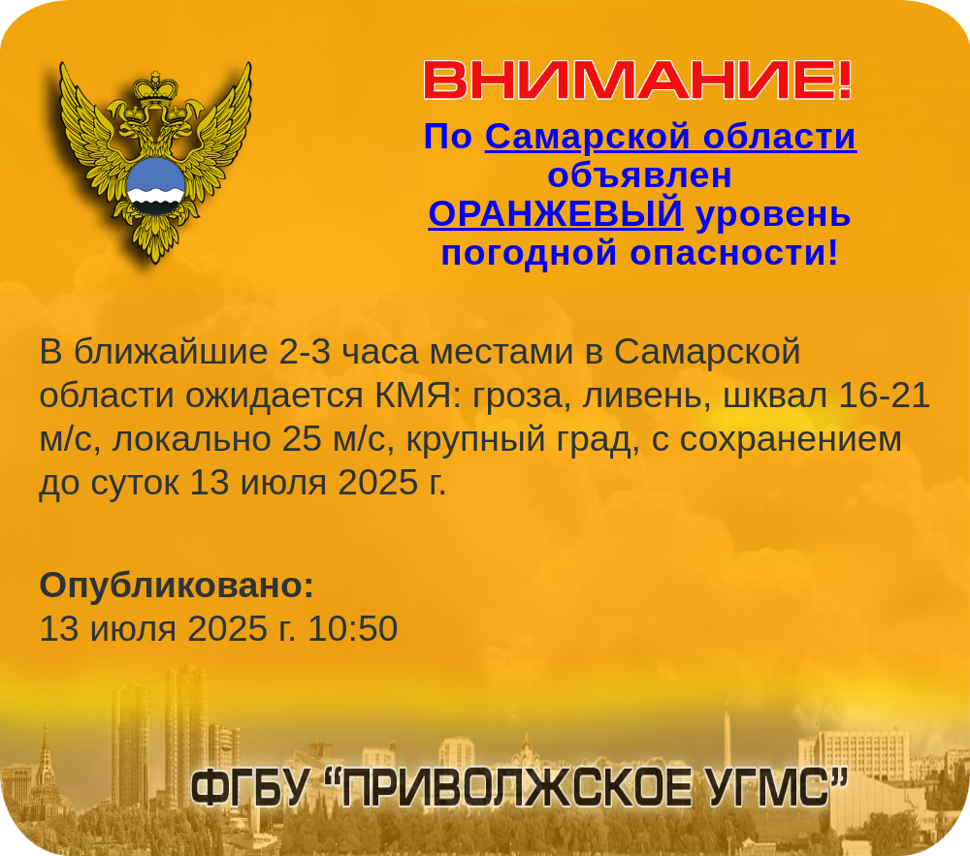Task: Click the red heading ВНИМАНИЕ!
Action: [x=638, y=80]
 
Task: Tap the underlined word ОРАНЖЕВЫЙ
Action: [x=556, y=214]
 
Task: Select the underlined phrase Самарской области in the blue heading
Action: [x=670, y=136]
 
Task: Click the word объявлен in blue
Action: [x=639, y=174]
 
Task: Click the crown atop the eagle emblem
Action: [x=155, y=87]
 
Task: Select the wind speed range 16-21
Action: [x=884, y=396]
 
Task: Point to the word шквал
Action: [x=775, y=396]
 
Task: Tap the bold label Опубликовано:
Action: [x=177, y=586]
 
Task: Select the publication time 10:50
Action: [x=353, y=628]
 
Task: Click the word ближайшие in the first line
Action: [x=171, y=352]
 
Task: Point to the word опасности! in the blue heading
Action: [x=734, y=253]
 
